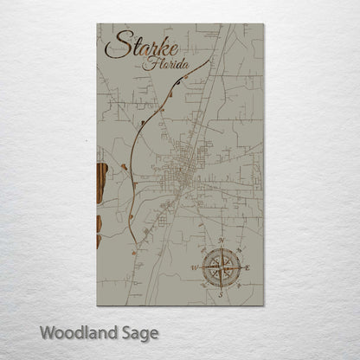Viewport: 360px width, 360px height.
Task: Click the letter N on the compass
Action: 222,241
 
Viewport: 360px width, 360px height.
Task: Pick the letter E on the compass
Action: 247,268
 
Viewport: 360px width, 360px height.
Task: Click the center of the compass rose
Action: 221,268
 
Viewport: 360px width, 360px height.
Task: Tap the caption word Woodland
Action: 78,331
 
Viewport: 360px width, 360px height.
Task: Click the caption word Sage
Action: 141,332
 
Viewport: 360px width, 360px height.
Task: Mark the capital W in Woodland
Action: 47,331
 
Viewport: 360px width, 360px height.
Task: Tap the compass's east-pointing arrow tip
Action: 242,268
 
